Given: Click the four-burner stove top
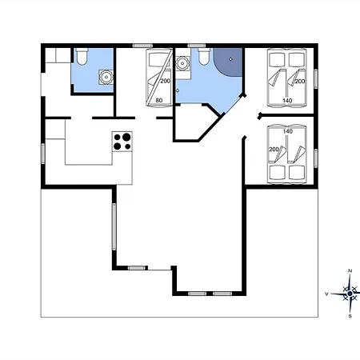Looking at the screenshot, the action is [x=122, y=142].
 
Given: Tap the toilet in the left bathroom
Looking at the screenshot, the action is [x=82, y=57].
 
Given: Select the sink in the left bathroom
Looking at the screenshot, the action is [x=106, y=78].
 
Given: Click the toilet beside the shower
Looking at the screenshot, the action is [x=204, y=57].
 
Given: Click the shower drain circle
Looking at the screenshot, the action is [x=230, y=59].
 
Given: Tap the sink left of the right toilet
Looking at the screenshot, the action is [x=182, y=63].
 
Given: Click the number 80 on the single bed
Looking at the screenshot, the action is [x=159, y=100].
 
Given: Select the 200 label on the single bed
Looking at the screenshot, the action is [x=165, y=81].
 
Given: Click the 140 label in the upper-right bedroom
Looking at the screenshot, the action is [x=287, y=101].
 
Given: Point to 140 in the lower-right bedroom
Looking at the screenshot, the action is [x=288, y=131].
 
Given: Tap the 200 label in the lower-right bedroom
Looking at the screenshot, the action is [x=274, y=150].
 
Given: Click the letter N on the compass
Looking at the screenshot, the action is [x=350, y=270].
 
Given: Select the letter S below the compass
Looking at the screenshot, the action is [x=350, y=316].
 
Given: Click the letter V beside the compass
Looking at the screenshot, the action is [x=326, y=294].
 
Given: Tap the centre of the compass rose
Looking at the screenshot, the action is [x=350, y=294].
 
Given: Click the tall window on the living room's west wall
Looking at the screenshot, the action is [x=114, y=226].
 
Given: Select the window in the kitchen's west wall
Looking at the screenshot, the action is [x=42, y=154].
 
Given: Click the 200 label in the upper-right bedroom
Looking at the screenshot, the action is [x=300, y=81].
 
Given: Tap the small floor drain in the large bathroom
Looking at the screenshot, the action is [x=178, y=90].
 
